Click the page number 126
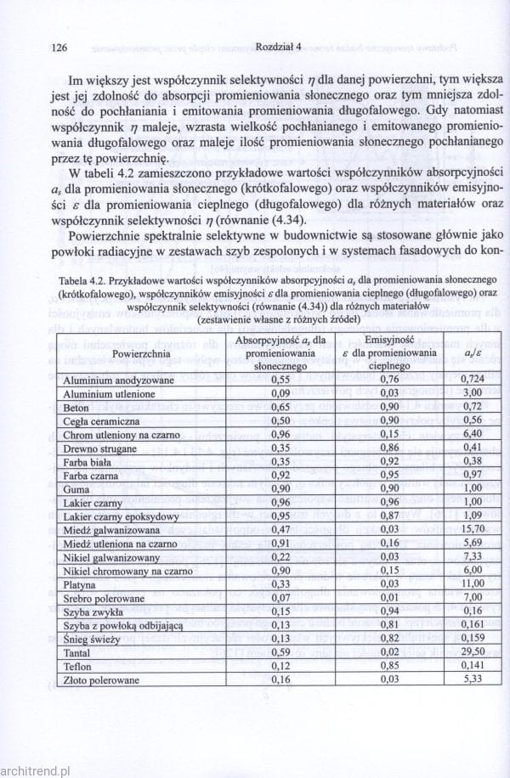59,48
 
